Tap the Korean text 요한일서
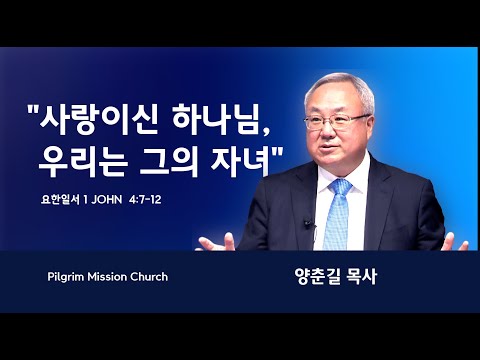(x=60, y=200)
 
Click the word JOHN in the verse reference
(x=107, y=200)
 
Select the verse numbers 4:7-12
(x=146, y=200)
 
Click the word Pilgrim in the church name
(x=66, y=277)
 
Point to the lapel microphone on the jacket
(x=308, y=224)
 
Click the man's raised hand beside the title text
(x=217, y=243)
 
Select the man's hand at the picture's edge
(x=455, y=242)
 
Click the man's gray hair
(x=340, y=88)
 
